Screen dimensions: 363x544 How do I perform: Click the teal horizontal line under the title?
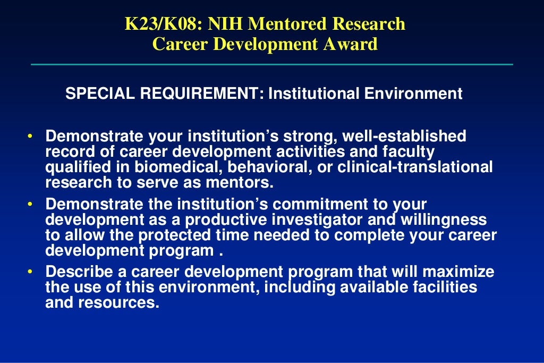(x=272, y=64)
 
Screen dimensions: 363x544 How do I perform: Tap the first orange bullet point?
(x=30, y=137)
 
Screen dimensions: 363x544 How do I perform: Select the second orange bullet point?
(x=30, y=205)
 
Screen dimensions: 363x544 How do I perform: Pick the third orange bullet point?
(x=30, y=273)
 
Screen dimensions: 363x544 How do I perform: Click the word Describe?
(x=79, y=273)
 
